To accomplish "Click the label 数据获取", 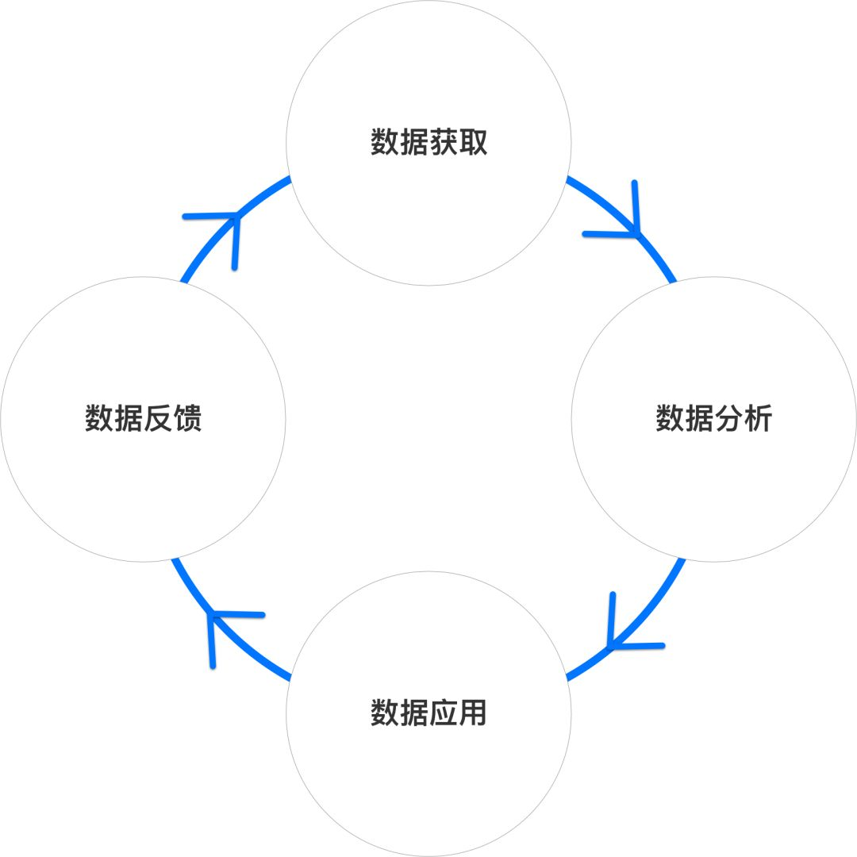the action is coord(428,142).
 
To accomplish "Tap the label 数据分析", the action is coord(714,419).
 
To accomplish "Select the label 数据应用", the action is coord(428,713).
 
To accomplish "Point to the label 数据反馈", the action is coord(143,419).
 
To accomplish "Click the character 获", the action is coord(444,142).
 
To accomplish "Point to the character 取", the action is coord(473,142).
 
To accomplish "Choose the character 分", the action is coord(728,419).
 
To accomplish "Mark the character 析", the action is coord(759,419).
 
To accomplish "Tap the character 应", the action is coord(444,713).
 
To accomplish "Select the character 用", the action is coord(473,713).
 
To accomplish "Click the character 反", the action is coord(158,419).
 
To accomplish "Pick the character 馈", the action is coord(188,419).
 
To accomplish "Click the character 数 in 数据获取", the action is coord(384,142).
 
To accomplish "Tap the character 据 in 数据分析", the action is coord(699,419).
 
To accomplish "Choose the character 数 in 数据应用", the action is coord(384,713).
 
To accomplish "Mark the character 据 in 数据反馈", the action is coord(129,419).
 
